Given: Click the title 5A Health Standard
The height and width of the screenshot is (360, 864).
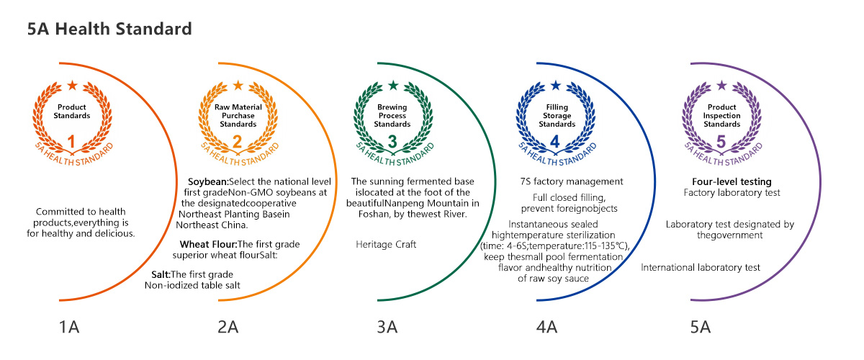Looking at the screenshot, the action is click(109, 30).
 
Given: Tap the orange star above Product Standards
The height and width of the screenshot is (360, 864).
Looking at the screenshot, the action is click(72, 86).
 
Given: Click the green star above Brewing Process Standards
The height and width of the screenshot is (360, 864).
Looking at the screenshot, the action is click(392, 86).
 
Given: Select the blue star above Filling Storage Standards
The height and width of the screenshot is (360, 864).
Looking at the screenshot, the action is click(556, 86).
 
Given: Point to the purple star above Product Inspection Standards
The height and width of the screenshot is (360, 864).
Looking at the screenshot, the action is click(721, 86).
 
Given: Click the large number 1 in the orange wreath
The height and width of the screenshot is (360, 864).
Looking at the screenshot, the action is click(72, 140).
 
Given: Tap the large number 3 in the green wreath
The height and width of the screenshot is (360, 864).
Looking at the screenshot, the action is click(392, 140).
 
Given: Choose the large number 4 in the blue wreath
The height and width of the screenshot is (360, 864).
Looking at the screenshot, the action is click(556, 140).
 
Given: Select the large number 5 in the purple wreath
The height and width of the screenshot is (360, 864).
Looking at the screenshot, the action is click(721, 140).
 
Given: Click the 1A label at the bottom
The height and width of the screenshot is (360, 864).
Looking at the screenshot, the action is click(69, 328).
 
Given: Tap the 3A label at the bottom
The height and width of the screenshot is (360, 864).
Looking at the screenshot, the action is click(387, 328).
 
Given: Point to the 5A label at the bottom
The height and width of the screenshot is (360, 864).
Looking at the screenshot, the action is click(701, 328).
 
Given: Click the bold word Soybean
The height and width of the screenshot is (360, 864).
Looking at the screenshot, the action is click(208, 181).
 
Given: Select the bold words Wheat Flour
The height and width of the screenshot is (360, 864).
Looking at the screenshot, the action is click(208, 244).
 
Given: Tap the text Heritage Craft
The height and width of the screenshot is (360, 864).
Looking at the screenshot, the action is click(386, 245).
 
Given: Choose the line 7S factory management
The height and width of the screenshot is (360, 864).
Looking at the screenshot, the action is click(571, 181).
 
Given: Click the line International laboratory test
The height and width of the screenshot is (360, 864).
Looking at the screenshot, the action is click(701, 268).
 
